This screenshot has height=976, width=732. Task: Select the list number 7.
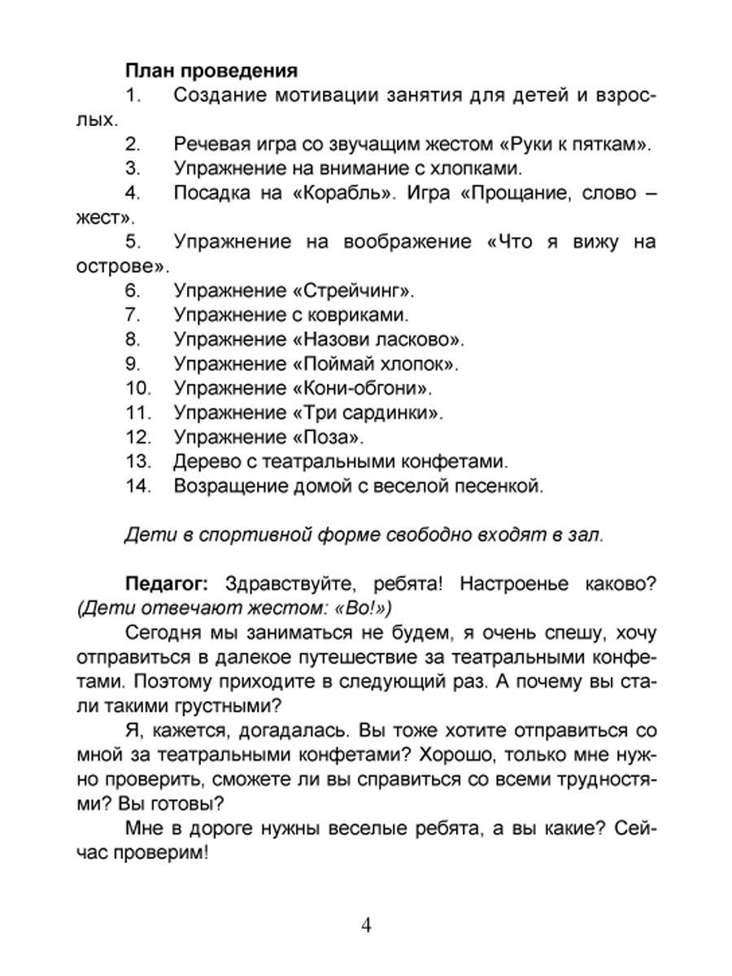pos(134,315)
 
